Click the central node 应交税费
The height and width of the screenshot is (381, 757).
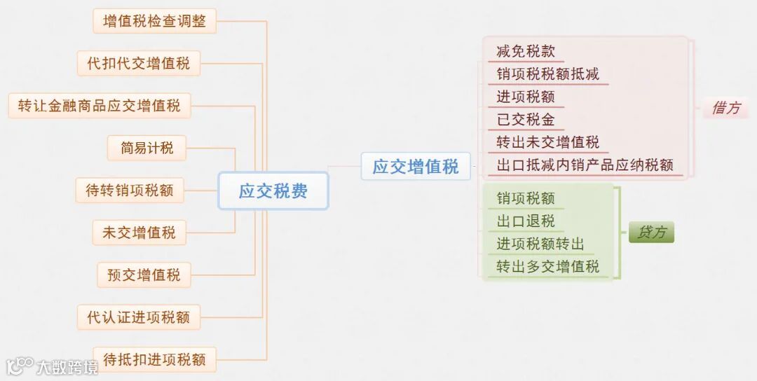273,190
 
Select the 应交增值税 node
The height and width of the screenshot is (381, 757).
416,167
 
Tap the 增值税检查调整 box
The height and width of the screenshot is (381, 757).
154,21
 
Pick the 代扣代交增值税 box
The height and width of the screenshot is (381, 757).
138,64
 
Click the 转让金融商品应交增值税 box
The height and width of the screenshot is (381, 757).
99,106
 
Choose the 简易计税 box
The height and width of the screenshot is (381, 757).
146,148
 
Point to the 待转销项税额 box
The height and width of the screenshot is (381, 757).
130,190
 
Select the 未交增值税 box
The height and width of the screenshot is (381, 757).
139,233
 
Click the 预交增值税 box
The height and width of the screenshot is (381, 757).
144,275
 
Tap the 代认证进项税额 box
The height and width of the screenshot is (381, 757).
138,317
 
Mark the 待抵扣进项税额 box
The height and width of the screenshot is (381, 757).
154,359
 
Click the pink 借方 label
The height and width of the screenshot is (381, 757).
725,108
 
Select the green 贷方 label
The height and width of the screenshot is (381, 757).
651,232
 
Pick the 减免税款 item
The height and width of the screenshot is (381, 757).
526,51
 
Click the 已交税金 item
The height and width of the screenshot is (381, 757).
526,119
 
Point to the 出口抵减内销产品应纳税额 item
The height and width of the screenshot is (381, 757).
585,165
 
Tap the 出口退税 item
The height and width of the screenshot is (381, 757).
526,221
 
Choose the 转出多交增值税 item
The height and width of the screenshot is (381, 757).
548,266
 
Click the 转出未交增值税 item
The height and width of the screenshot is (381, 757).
548,142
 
